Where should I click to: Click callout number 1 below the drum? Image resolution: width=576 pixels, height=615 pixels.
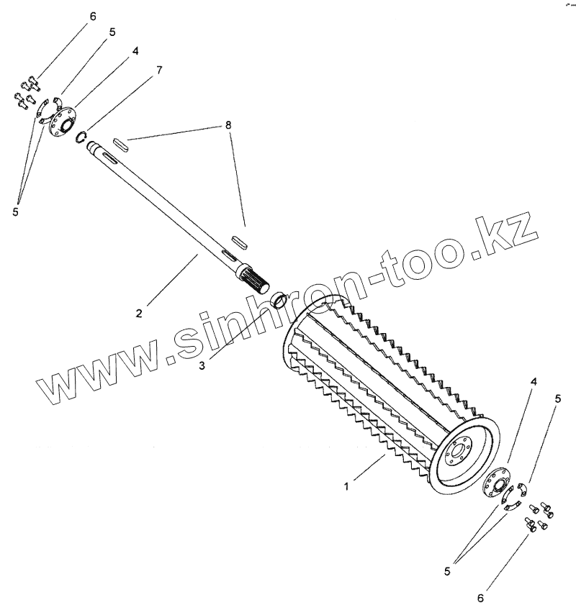point(346,487)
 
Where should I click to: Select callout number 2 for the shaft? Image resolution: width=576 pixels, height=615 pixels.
point(140,313)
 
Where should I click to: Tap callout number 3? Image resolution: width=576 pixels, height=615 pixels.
point(202,365)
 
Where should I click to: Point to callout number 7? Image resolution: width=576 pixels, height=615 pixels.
point(159,70)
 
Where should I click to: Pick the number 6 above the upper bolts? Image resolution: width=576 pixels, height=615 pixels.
point(92,17)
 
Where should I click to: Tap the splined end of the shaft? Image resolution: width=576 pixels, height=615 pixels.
point(253,277)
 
